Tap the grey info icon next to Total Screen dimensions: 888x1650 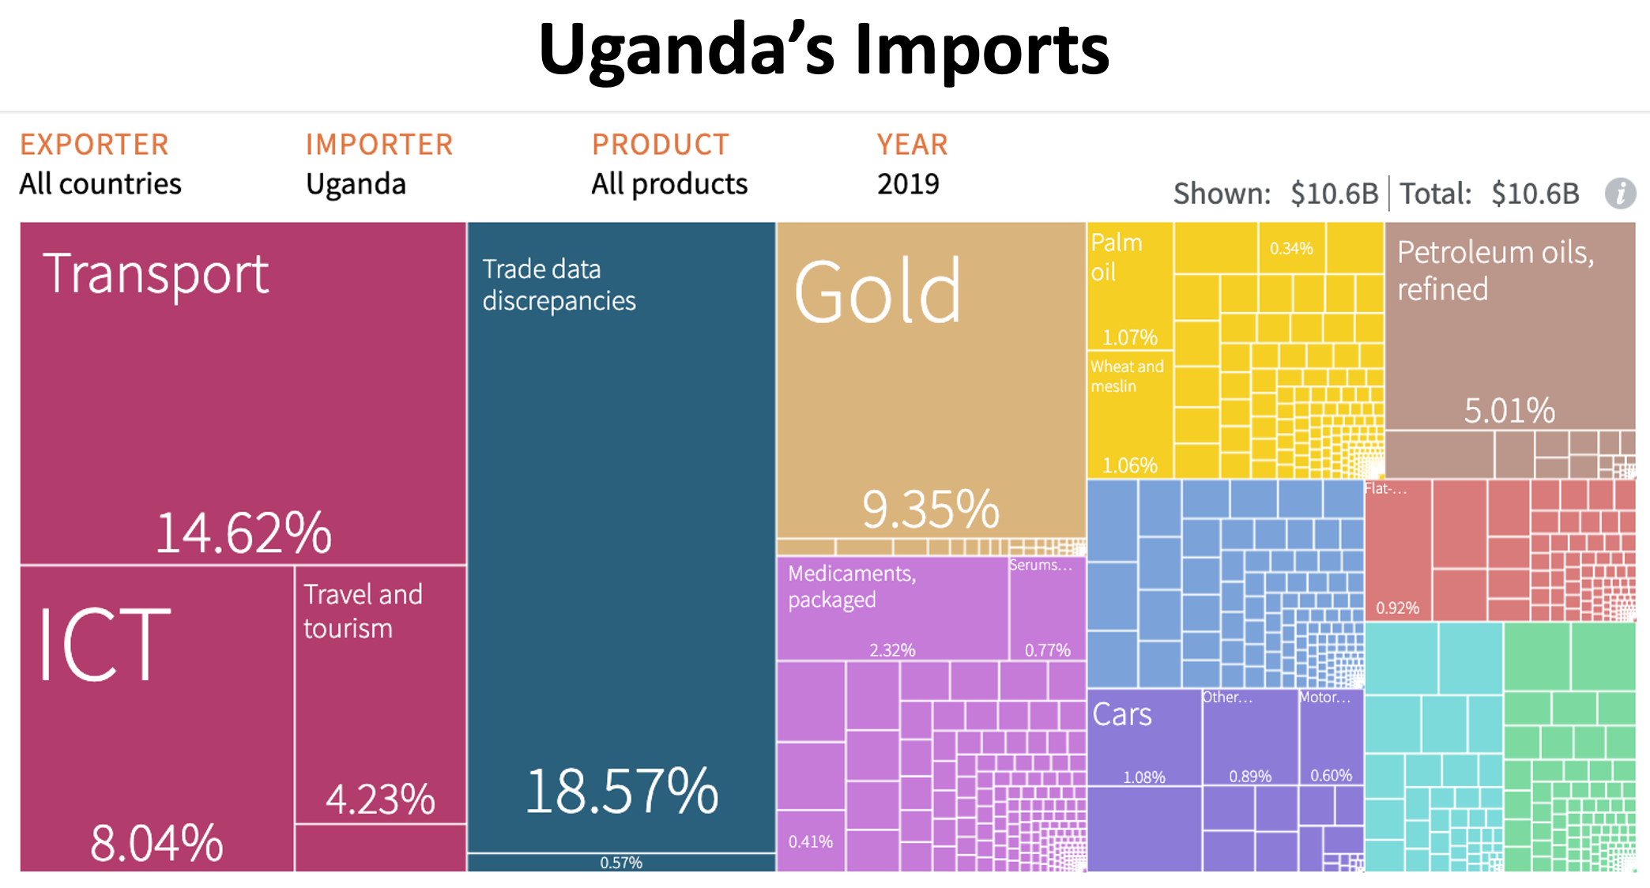(x=1619, y=193)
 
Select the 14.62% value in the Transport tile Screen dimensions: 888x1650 (x=243, y=532)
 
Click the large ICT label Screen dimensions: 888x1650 (x=104, y=645)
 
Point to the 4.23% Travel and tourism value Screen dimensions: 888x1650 (x=380, y=799)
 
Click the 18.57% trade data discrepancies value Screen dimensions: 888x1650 (x=622, y=791)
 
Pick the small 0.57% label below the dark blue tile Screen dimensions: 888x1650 (x=621, y=863)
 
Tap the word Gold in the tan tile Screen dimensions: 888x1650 (x=877, y=292)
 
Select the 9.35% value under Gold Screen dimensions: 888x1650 (x=930, y=509)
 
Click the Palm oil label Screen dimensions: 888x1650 (x=1116, y=257)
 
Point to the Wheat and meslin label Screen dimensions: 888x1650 (x=1126, y=376)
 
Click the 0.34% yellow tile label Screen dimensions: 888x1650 (x=1291, y=248)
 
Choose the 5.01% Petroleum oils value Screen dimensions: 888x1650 (x=1509, y=410)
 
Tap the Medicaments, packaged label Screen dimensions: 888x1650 (x=852, y=586)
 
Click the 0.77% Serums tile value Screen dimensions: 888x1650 (x=1047, y=650)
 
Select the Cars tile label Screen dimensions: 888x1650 (x=1121, y=714)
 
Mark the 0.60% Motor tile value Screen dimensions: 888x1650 (x=1331, y=775)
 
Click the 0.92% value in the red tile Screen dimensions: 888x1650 (x=1397, y=608)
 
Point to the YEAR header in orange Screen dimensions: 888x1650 (x=912, y=145)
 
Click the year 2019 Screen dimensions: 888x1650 (x=908, y=184)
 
